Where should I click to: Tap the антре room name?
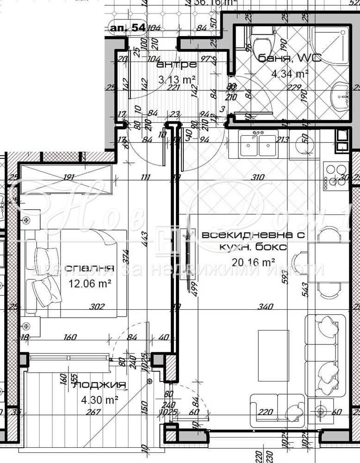pyautogui.click(x=177, y=64)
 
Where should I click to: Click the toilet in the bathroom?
pyautogui.click(x=261, y=44)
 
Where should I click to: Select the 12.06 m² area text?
pyautogui.click(x=90, y=283)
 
